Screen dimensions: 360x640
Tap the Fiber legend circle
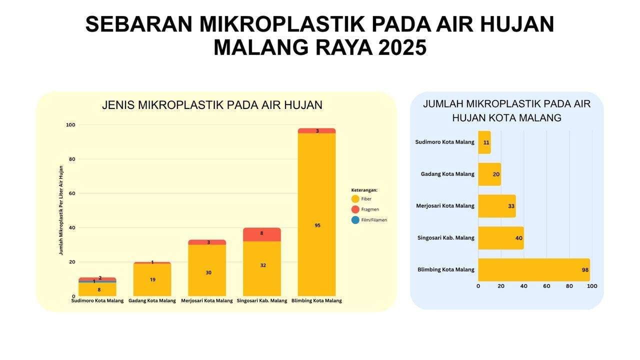pyautogui.click(x=355, y=199)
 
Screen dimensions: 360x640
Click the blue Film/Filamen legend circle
pyautogui.click(x=355, y=220)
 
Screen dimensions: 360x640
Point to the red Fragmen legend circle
pyautogui.click(x=355, y=209)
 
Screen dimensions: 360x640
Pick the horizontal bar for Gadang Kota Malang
pyautogui.click(x=489, y=174)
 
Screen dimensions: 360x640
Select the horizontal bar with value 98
pyautogui.click(x=533, y=270)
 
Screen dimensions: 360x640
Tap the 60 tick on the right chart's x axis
pyautogui.click(x=546, y=286)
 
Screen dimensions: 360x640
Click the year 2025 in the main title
pyautogui.click(x=402, y=47)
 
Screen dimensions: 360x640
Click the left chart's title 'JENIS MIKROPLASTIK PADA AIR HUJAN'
pyautogui.click(x=212, y=105)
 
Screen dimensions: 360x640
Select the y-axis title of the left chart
pyautogui.click(x=61, y=210)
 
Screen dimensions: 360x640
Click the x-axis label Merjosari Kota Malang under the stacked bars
pyautogui.click(x=206, y=301)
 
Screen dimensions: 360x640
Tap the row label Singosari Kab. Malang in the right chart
pyautogui.click(x=445, y=238)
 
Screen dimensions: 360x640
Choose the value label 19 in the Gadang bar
pyautogui.click(x=152, y=279)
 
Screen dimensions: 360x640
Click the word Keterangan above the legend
pyautogui.click(x=364, y=190)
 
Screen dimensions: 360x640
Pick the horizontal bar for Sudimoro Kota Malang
pyautogui.click(x=484, y=142)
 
